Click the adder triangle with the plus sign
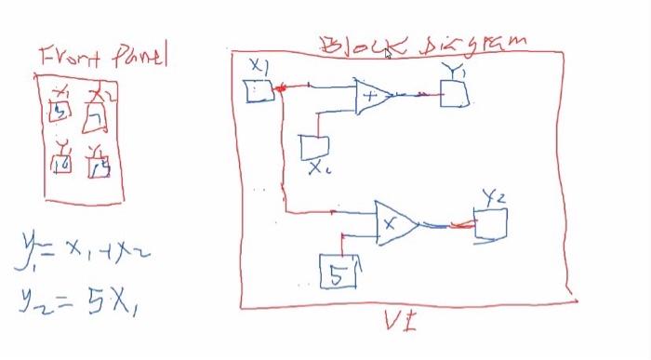tap(373, 96)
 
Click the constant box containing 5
tap(337, 273)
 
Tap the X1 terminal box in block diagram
tap(258, 91)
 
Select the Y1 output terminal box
tap(453, 93)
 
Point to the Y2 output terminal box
tap(490, 225)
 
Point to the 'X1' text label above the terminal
tap(259, 65)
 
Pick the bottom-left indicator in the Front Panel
tap(62, 162)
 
